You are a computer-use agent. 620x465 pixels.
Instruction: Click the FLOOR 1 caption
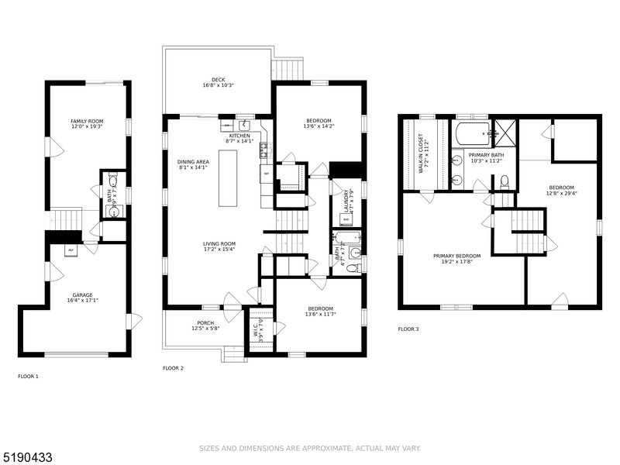(x=28, y=377)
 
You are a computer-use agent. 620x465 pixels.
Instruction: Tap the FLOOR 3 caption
(x=408, y=329)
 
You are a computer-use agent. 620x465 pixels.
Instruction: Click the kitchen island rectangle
(x=229, y=178)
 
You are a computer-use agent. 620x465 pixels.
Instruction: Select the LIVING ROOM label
(x=219, y=245)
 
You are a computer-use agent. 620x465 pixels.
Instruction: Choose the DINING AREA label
(x=192, y=162)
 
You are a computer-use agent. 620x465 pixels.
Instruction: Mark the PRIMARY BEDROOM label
(x=457, y=257)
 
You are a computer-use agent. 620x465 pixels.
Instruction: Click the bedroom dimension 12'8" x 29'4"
(x=562, y=194)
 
